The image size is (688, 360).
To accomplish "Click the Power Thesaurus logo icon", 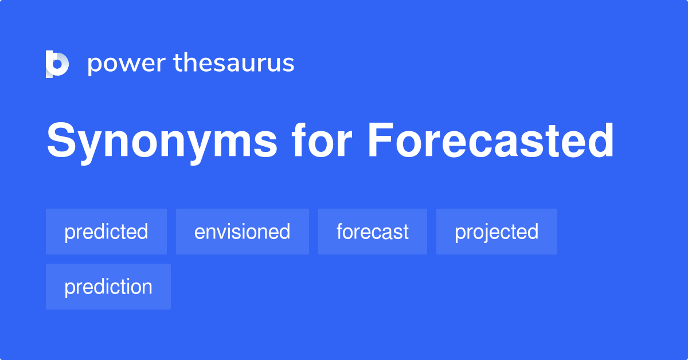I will click(x=57, y=64).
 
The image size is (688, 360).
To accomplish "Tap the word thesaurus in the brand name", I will click(x=234, y=63).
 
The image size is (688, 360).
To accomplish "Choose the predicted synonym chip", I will click(x=106, y=232).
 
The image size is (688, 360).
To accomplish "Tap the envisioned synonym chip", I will click(x=242, y=232).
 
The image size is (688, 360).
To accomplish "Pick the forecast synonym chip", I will click(x=373, y=232).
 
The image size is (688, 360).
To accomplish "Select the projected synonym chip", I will click(x=497, y=232).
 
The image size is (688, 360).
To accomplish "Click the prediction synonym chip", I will click(x=108, y=287).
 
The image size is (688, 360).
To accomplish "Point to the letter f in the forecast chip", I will click(x=339, y=231).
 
